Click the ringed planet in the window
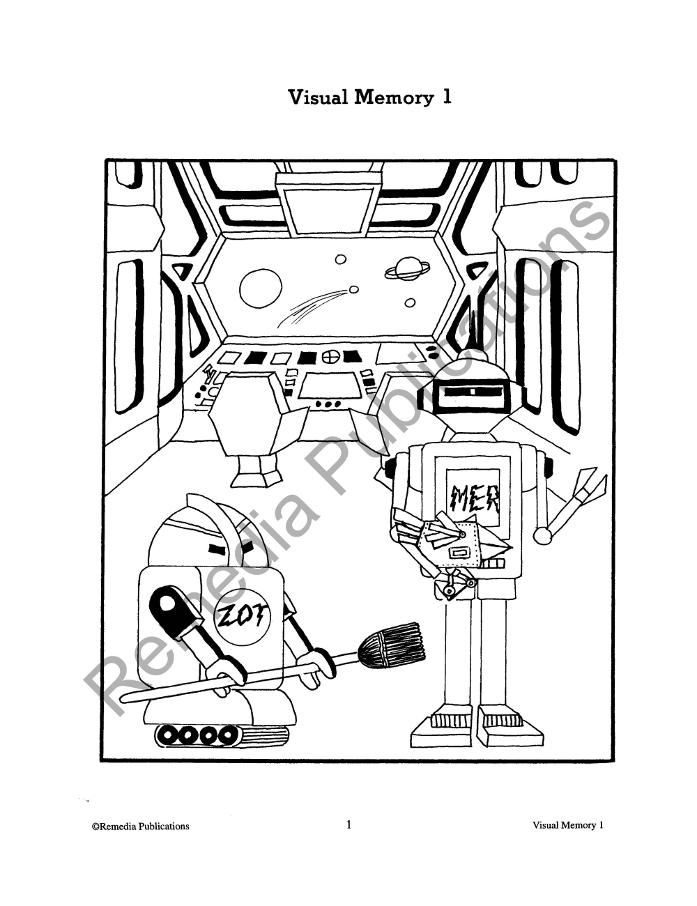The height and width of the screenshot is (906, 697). (x=407, y=270)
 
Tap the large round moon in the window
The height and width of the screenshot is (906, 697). (x=261, y=289)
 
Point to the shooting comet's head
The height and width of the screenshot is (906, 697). (x=354, y=289)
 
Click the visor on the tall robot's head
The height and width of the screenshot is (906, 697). (x=473, y=392)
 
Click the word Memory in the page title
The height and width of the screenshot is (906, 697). (x=393, y=97)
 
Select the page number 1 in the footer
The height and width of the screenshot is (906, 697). (x=348, y=825)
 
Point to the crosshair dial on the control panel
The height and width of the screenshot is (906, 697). (x=330, y=356)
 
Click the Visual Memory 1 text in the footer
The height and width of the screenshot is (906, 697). (x=567, y=825)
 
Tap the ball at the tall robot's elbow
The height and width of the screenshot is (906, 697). (x=543, y=535)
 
